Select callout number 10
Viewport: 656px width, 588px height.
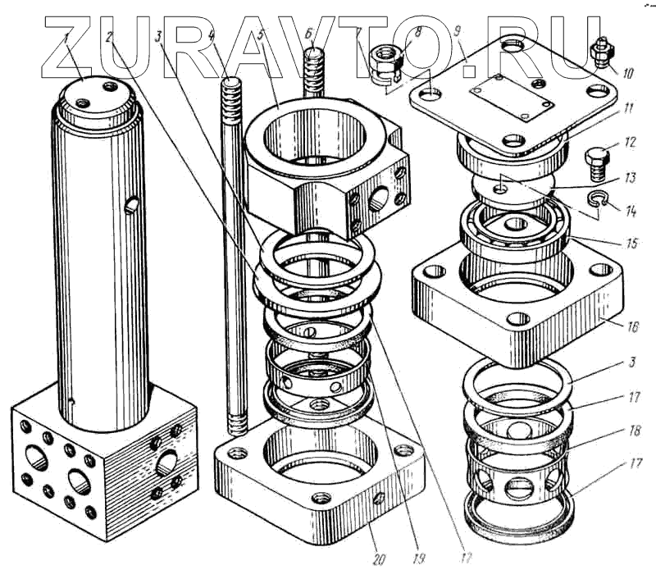tap(628, 74)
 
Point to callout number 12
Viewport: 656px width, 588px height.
tap(630, 143)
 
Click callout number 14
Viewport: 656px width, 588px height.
tap(631, 212)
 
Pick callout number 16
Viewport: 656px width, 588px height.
tap(633, 326)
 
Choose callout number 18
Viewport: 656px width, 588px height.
tap(634, 431)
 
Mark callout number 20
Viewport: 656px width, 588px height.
tap(379, 559)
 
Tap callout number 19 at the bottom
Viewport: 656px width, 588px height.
tap(419, 558)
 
